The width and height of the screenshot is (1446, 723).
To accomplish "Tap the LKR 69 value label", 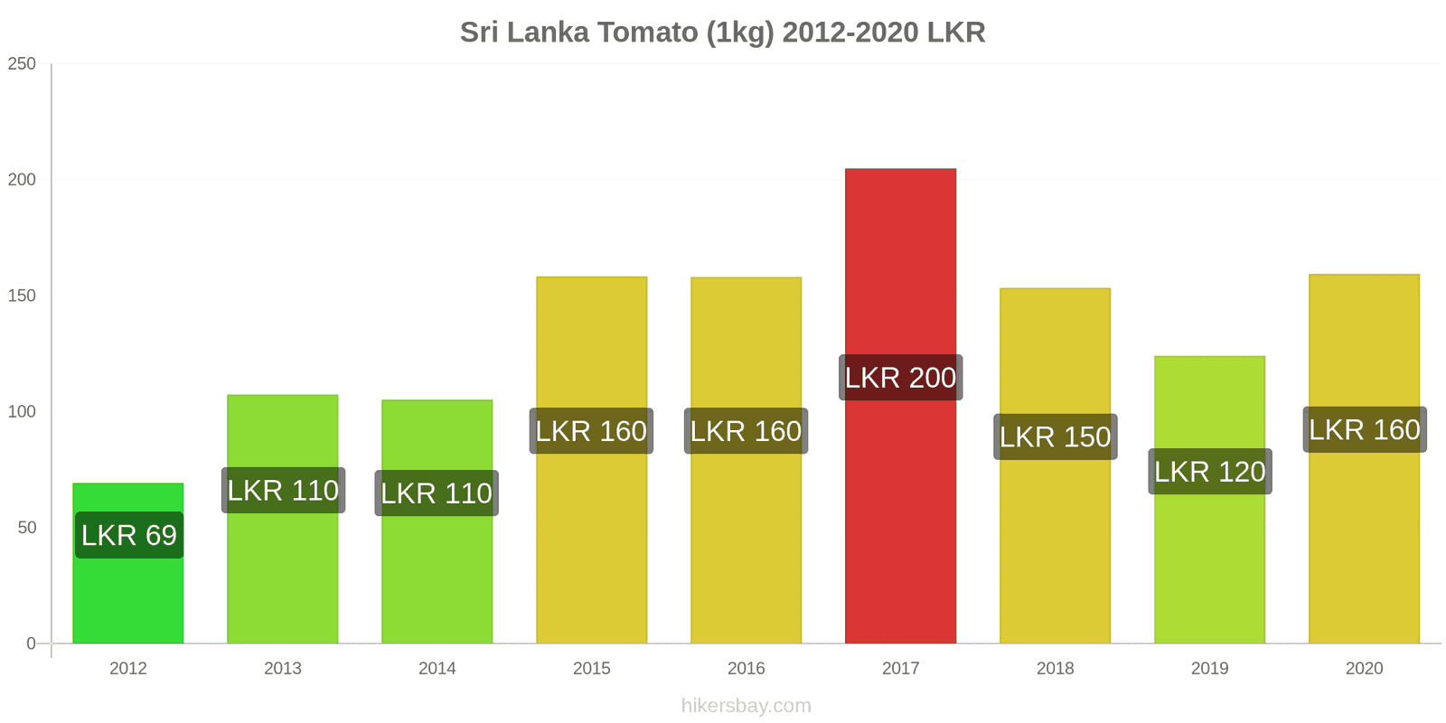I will pos(129,535).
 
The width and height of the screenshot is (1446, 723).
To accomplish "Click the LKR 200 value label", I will pos(900,378).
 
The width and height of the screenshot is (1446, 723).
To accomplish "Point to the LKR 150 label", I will pos(1055,437).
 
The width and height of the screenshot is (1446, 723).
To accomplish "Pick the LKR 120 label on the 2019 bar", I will pos(1209,472).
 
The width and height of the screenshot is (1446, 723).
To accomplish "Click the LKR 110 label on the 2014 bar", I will pos(437,493).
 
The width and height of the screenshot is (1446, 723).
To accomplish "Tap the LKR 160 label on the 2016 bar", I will pos(746,431).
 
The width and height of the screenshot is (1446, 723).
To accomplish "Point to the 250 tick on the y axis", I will pos(22,64).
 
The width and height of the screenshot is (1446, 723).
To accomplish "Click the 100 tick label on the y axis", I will pos(22,412).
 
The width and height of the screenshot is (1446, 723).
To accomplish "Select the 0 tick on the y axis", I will pos(31,643).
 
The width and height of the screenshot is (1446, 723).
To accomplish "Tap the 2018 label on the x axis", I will pos(1055,669).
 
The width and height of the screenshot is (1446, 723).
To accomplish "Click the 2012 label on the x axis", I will pos(128,669).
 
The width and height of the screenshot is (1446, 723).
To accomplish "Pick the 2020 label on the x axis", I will pos(1364,669).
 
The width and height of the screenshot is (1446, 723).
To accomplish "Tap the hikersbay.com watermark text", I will pos(746,706).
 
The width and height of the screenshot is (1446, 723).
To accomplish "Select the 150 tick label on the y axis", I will pos(22,296).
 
